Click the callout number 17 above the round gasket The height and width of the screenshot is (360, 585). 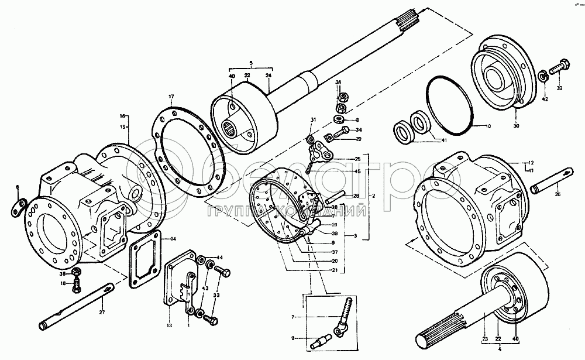click(x=171, y=96)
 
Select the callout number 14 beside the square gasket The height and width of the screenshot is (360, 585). click(x=173, y=239)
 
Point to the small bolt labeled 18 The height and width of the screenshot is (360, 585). click(x=75, y=286)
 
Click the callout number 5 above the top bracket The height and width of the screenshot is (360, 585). click(x=251, y=62)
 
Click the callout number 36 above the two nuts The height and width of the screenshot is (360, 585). click(x=338, y=83)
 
